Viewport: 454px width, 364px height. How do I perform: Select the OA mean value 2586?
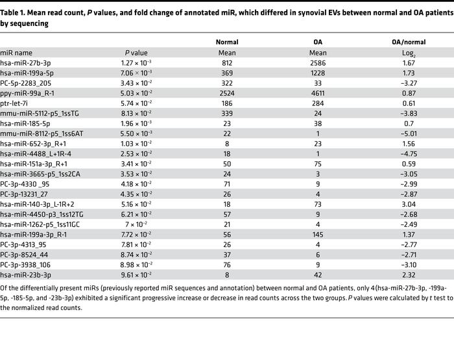click(318, 62)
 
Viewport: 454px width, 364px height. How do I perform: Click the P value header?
click(137, 53)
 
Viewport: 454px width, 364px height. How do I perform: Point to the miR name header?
click(16, 53)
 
